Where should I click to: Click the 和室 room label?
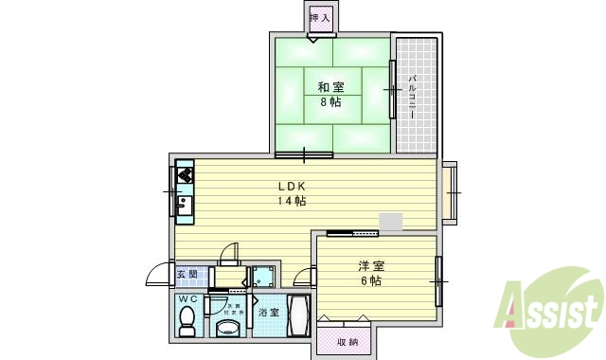click(330, 87)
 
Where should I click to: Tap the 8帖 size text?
click(330, 101)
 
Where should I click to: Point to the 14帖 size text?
click(291, 201)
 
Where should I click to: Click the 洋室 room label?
click(370, 266)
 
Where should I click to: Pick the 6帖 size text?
click(370, 281)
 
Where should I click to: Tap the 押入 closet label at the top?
click(320, 17)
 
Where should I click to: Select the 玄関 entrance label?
click(187, 276)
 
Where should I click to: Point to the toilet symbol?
click(187, 319)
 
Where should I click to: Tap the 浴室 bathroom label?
click(269, 312)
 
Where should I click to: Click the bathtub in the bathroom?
click(298, 315)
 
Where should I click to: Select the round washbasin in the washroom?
click(227, 327)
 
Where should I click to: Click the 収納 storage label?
click(347, 341)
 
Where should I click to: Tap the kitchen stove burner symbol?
click(185, 175)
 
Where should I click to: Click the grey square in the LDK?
click(390, 222)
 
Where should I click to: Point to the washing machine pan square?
click(262, 277)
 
